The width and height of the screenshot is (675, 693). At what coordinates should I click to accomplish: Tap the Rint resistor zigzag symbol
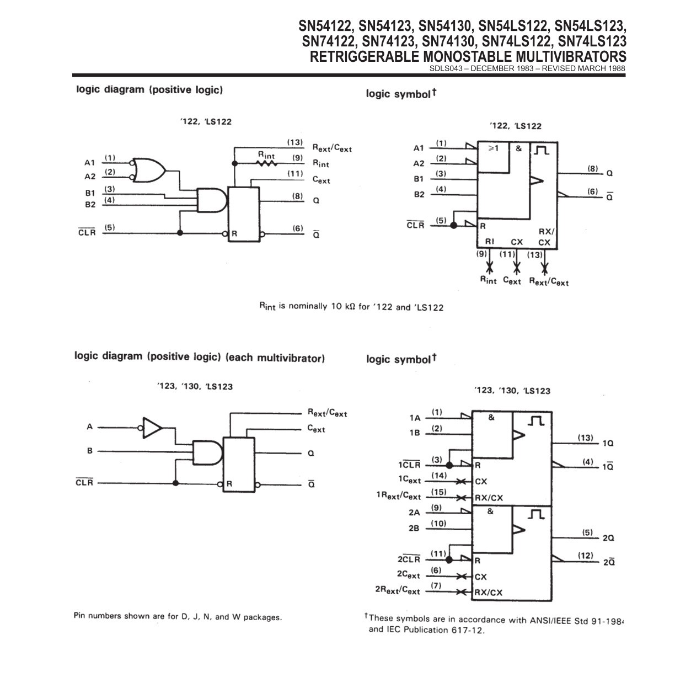pyautogui.click(x=266, y=163)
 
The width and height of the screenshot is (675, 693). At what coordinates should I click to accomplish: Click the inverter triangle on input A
pyautogui.click(x=152, y=428)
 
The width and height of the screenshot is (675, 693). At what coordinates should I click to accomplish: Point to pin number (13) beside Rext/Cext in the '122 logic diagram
pyautogui.click(x=295, y=142)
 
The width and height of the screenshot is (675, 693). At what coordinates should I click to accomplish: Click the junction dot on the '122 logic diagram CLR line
pyautogui.click(x=180, y=232)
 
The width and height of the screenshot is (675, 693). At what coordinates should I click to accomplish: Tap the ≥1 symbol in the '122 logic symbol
pyautogui.click(x=492, y=148)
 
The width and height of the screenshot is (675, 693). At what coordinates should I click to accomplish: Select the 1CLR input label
pyautogui.click(x=409, y=465)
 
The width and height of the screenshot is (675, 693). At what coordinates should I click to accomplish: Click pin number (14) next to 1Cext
pyautogui.click(x=438, y=476)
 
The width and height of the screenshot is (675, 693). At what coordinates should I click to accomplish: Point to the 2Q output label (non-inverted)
pyautogui.click(x=608, y=538)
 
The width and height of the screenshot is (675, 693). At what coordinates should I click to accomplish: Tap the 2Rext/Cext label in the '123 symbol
pyautogui.click(x=398, y=590)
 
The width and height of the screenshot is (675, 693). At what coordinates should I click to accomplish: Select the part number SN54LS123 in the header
pyautogui.click(x=590, y=26)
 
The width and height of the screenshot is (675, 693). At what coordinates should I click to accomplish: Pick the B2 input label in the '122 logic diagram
pyautogui.click(x=90, y=204)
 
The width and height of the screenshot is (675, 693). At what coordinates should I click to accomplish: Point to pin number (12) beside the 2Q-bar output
pyautogui.click(x=586, y=556)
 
